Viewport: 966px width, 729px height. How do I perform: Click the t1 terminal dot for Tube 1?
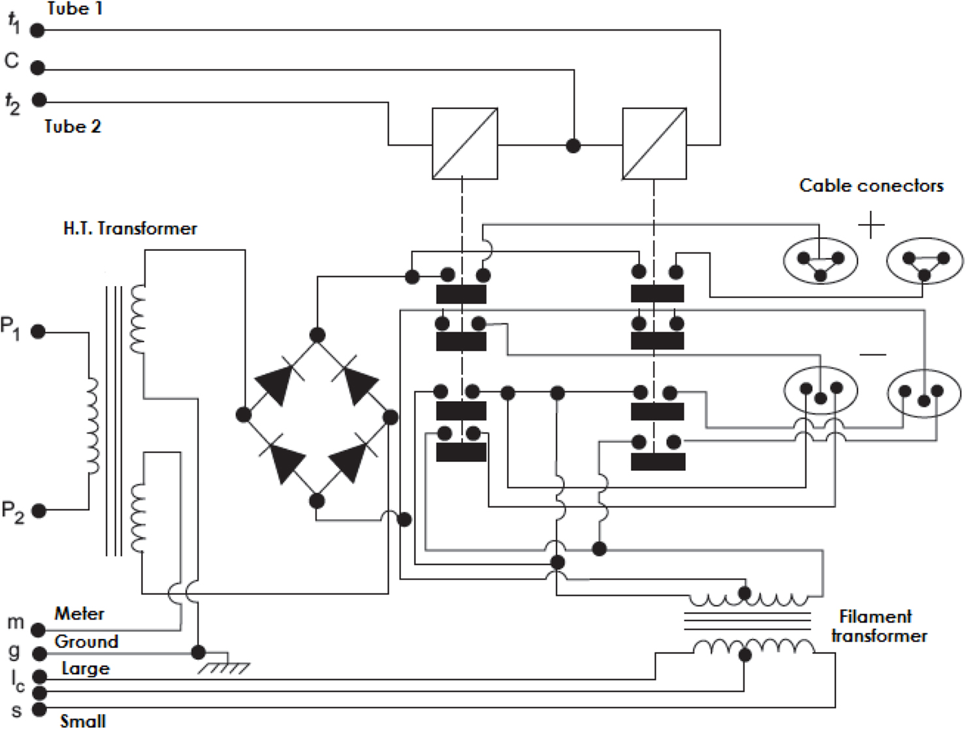(x=38, y=30)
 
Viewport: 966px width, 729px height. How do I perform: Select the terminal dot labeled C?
(x=38, y=67)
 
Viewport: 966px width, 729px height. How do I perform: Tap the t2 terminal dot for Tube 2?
(x=39, y=100)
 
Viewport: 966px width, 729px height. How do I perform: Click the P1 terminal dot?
(x=38, y=332)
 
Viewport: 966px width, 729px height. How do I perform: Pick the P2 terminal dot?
(x=39, y=511)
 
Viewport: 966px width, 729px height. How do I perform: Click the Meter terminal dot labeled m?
(x=39, y=630)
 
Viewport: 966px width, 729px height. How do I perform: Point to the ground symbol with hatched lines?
(x=223, y=667)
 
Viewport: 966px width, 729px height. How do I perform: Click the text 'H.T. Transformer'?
(x=130, y=229)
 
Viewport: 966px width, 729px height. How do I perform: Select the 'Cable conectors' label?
(x=871, y=186)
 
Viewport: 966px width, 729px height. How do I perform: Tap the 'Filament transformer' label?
(x=879, y=626)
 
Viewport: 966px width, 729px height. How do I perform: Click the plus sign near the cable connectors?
(x=871, y=225)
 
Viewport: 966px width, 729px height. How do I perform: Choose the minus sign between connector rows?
(x=873, y=355)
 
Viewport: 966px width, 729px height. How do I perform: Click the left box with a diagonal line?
(x=464, y=144)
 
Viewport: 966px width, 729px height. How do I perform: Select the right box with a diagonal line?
(x=654, y=144)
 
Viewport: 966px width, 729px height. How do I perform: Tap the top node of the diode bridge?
(x=317, y=335)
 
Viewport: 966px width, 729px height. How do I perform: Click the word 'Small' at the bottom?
(x=83, y=721)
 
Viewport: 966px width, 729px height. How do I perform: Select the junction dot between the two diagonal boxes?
(x=573, y=146)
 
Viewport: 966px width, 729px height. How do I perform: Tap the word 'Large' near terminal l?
(x=86, y=669)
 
